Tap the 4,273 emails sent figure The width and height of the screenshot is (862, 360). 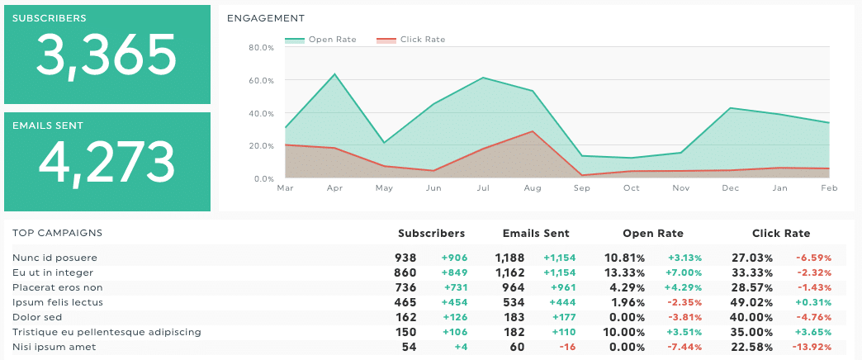[x=107, y=162]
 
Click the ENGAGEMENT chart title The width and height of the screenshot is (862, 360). [x=266, y=18]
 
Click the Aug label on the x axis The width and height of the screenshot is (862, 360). [x=533, y=188]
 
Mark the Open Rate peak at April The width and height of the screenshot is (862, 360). [x=334, y=74]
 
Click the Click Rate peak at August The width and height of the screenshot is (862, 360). [x=533, y=131]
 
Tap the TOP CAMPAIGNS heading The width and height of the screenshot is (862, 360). [x=57, y=234]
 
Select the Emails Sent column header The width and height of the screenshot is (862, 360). [x=535, y=234]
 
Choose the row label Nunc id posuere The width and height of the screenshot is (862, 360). [x=54, y=258]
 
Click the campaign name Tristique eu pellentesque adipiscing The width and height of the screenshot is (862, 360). [x=107, y=332]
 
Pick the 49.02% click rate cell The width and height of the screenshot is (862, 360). [x=752, y=302]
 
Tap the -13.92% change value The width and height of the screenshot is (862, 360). [x=813, y=347]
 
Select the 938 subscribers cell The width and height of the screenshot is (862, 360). [x=405, y=258]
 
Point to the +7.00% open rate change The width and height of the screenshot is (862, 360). [x=684, y=272]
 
